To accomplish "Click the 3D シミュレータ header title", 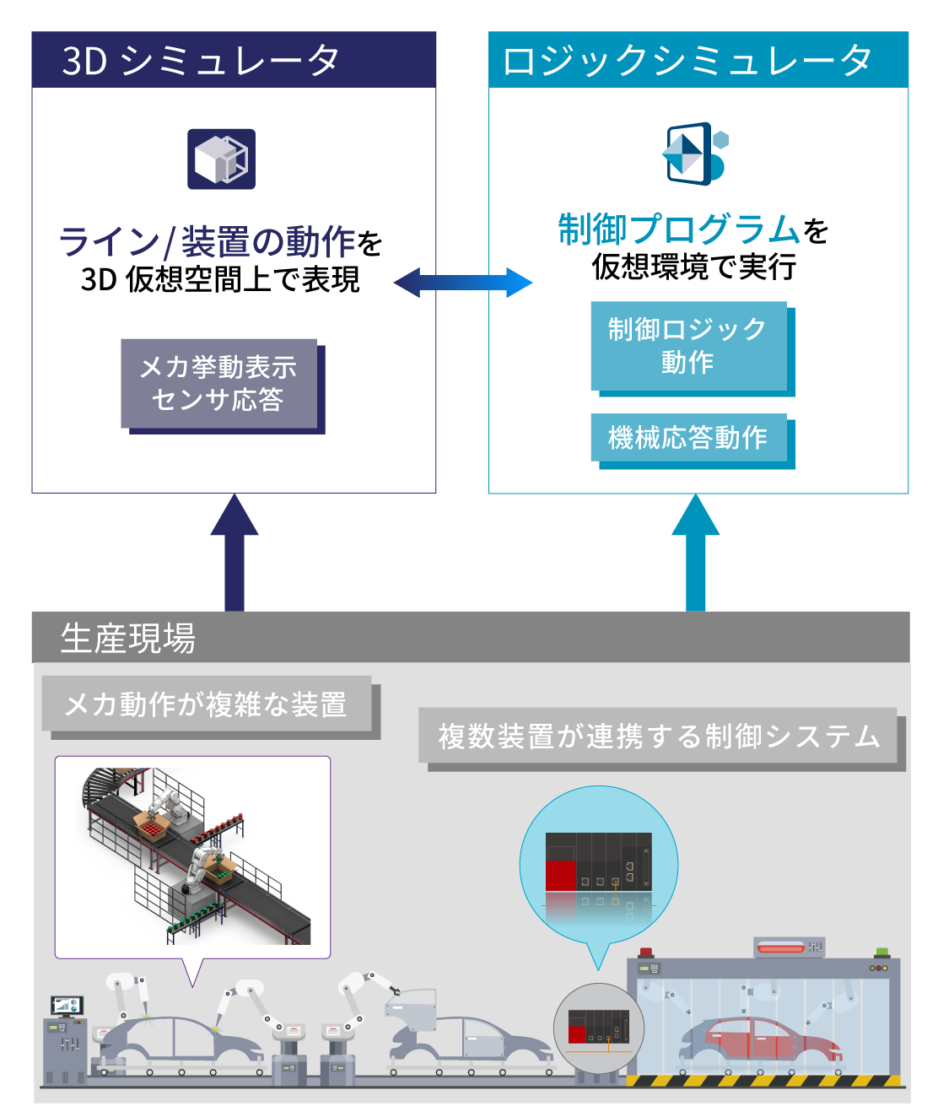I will click(x=201, y=61).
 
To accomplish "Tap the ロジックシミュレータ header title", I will click(x=687, y=61).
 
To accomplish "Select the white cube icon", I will click(x=221, y=159).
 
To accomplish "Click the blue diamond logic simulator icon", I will click(x=693, y=154).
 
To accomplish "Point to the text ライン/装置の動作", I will click(x=207, y=242).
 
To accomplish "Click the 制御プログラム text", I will click(x=679, y=229).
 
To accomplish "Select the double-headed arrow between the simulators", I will click(x=463, y=283).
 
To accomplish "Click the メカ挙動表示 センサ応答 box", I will click(x=219, y=384).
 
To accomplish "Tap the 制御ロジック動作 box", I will click(x=687, y=346).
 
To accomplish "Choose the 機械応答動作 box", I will click(x=688, y=437).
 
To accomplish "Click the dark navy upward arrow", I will click(x=234, y=553).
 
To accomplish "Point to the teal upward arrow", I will click(x=696, y=553).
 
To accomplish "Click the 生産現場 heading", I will click(x=128, y=638).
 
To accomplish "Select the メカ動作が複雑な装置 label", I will click(x=207, y=704).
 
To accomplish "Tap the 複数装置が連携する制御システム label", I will click(x=659, y=736).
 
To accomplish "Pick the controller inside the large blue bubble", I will click(x=599, y=861).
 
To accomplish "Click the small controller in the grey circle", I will click(x=598, y=1026).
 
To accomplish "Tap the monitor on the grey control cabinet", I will click(x=66, y=1006).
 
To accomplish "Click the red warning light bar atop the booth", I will click(x=782, y=948).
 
